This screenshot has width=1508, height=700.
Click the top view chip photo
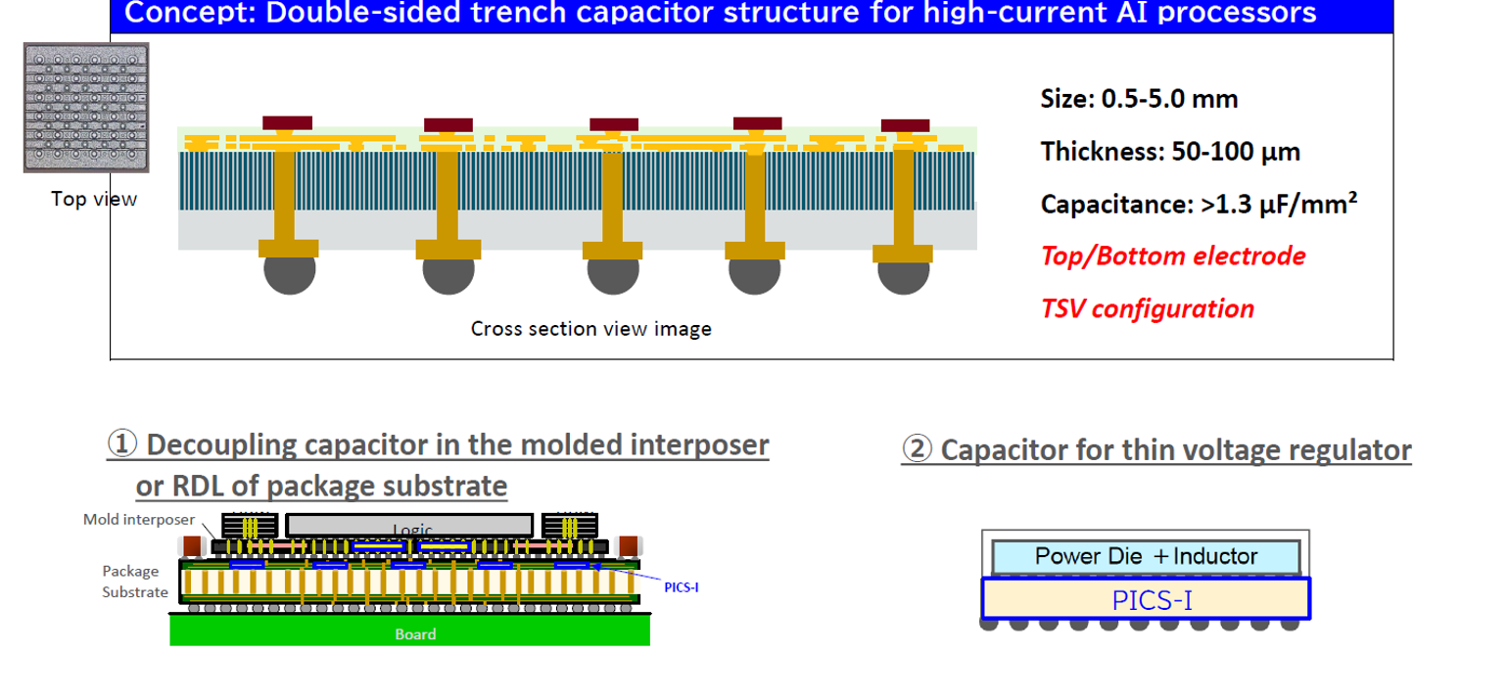tap(86, 108)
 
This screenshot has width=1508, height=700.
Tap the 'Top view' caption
tap(94, 200)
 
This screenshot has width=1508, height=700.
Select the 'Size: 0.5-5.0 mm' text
tap(1139, 99)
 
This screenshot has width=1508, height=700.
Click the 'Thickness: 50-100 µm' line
tap(1170, 152)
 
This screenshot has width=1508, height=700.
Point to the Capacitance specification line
tap(1199, 204)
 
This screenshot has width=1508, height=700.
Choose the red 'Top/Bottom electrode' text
tap(1173, 257)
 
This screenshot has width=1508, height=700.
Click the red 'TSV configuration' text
tap(1148, 309)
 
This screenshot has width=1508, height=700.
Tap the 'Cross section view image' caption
tap(591, 329)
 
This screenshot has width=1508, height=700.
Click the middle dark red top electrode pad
tap(614, 124)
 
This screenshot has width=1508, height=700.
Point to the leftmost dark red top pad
tap(288, 122)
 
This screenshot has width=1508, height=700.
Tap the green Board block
tap(410, 630)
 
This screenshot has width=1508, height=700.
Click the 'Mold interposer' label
tap(139, 520)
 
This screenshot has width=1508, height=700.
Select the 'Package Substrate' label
tap(135, 582)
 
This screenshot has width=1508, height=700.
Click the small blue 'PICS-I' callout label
tap(682, 587)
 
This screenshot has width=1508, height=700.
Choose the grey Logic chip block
tap(409, 526)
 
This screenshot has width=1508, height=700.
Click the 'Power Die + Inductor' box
tap(1146, 557)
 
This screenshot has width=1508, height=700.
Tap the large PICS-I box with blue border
tap(1146, 598)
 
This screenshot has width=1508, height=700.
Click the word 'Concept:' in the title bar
tap(191, 14)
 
